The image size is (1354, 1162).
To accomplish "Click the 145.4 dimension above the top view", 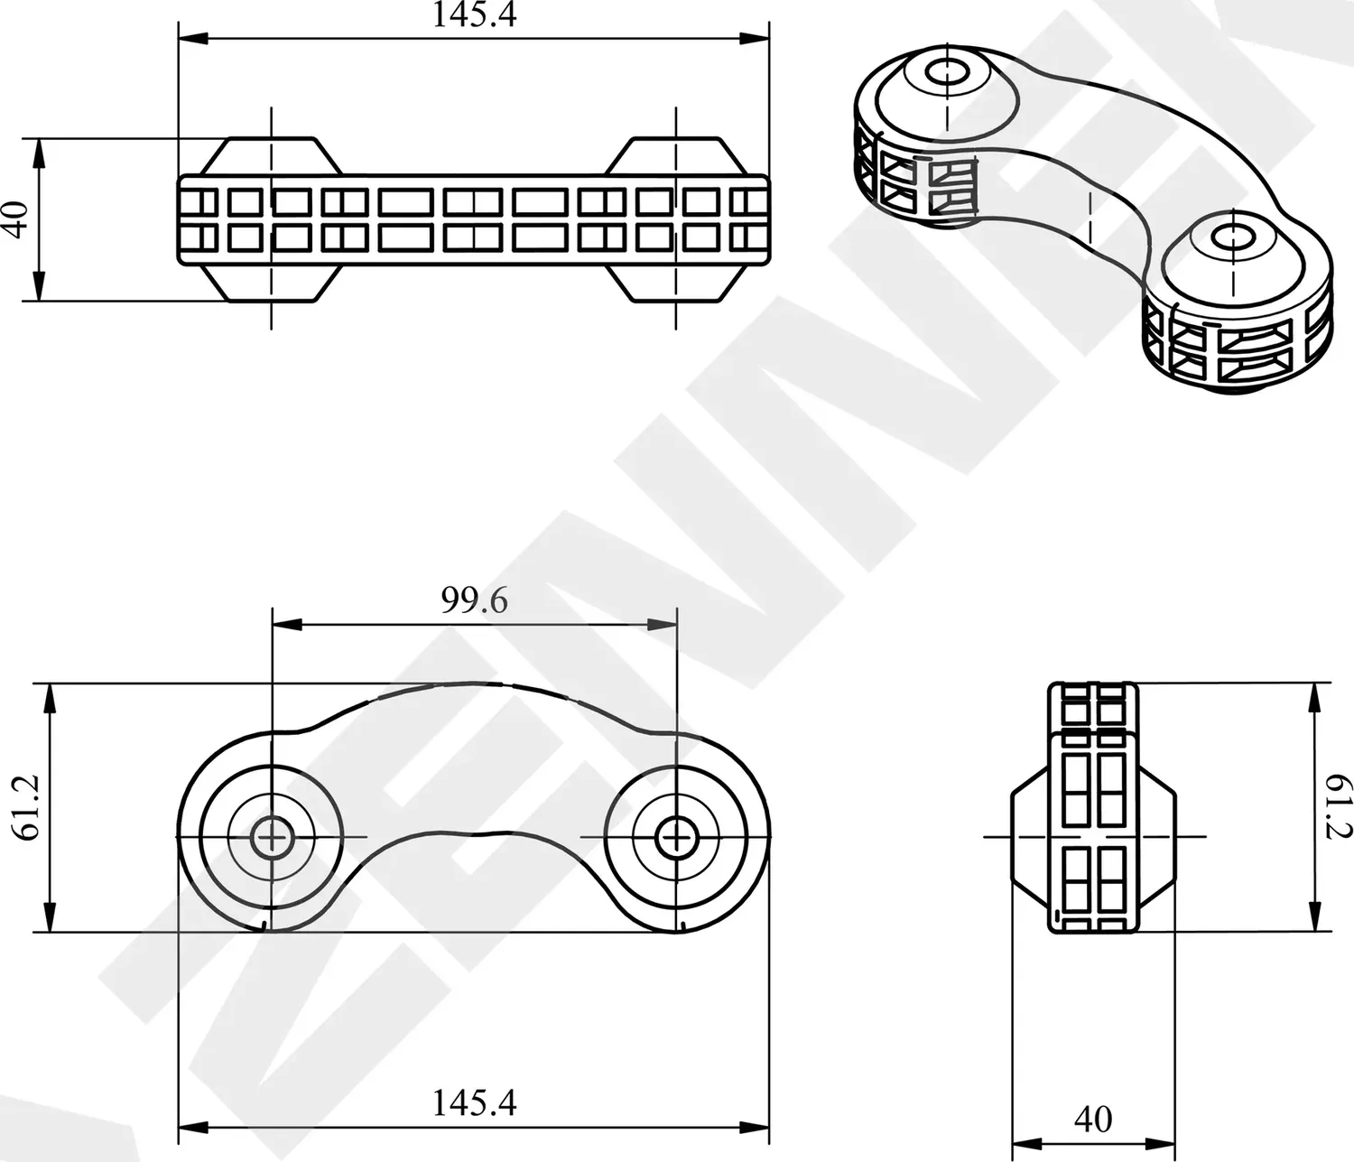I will pyautogui.click(x=474, y=15).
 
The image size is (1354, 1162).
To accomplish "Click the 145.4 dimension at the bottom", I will pyautogui.click(x=474, y=1102).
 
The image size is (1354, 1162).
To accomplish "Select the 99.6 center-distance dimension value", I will pyautogui.click(x=474, y=600).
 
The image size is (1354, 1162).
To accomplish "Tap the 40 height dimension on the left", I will pyautogui.click(x=17, y=219).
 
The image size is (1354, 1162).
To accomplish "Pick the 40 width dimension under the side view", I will pyautogui.click(x=1093, y=1120).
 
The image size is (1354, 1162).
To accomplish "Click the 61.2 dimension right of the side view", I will pyautogui.click(x=1339, y=807).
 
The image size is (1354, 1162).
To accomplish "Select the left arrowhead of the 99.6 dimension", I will pyautogui.click(x=285, y=624).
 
